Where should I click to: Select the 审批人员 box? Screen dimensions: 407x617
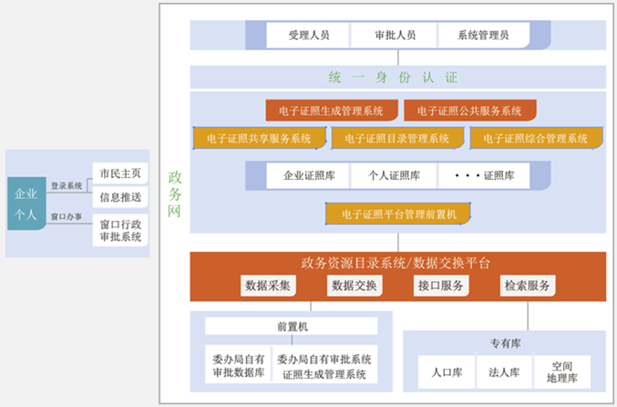tap(395, 36)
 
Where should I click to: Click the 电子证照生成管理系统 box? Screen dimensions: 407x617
tap(332, 110)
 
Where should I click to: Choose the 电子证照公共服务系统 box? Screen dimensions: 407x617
tap(469, 110)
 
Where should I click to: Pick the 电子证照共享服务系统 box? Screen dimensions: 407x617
tap(259, 139)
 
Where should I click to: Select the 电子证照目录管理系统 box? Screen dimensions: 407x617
tap(396, 139)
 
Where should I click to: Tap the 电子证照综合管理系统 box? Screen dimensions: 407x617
tap(536, 139)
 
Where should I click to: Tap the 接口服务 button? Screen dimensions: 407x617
tap(440, 286)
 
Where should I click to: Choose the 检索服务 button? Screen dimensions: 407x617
tap(527, 286)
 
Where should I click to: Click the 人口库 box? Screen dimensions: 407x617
tap(447, 372)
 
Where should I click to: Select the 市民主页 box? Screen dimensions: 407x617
tap(119, 173)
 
